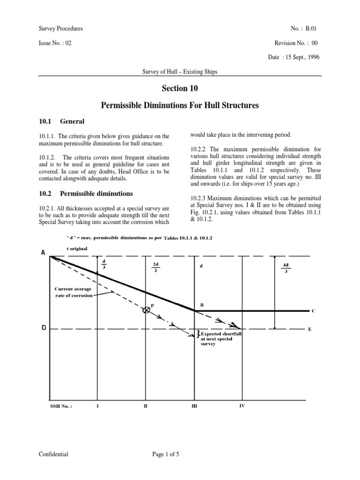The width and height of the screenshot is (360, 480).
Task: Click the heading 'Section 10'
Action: click(x=180, y=88)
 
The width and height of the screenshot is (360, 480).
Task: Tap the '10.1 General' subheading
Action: click(x=61, y=121)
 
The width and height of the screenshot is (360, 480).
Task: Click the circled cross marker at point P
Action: click(x=146, y=310)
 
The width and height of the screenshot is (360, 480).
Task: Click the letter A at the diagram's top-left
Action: click(x=43, y=253)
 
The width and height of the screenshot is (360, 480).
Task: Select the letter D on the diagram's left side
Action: click(x=44, y=328)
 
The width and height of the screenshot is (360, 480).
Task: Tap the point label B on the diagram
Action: click(x=202, y=305)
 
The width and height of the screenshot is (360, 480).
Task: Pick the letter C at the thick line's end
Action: click(x=313, y=311)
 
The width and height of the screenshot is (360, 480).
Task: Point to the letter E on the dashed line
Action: click(x=309, y=330)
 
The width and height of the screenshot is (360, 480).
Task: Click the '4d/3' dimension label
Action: click(x=285, y=268)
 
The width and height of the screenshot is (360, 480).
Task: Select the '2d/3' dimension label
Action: click(x=154, y=268)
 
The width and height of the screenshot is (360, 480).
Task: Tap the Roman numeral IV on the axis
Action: click(x=241, y=405)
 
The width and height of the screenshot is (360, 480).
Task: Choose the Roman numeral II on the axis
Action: click(x=145, y=406)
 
